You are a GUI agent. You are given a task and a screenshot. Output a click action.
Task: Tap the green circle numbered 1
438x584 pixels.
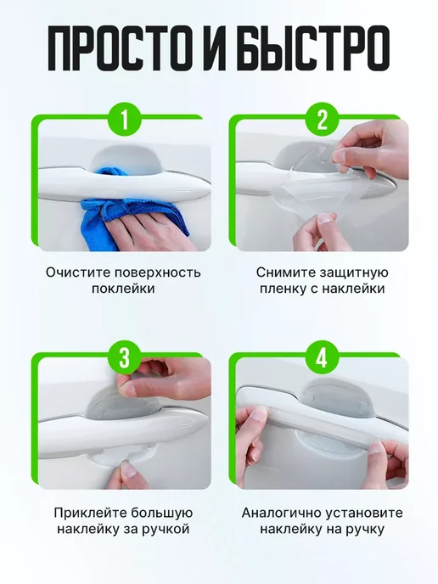click(x=125, y=120)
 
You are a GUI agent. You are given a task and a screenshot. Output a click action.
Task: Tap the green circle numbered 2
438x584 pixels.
click(x=323, y=120)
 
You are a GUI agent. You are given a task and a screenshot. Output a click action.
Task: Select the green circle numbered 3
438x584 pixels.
click(x=125, y=357)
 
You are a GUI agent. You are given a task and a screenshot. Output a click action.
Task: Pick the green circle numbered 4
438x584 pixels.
click(x=323, y=357)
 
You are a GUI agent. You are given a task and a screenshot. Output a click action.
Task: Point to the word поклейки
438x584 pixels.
click(x=123, y=289)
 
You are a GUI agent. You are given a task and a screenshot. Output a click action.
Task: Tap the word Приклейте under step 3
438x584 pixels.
click(x=89, y=513)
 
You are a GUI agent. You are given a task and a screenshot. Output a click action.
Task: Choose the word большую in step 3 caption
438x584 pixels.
click(x=161, y=513)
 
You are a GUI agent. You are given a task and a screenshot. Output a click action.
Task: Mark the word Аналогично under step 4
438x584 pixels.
click(x=281, y=513)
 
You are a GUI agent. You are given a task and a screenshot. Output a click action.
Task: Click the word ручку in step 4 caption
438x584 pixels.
click(x=363, y=530)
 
